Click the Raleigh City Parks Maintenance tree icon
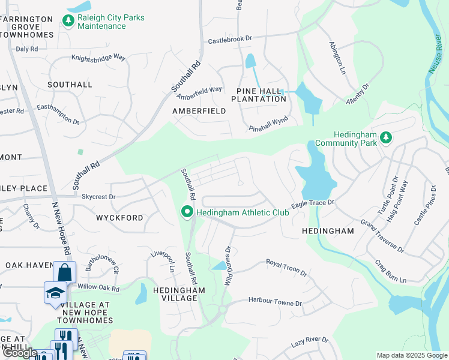pos(68,22)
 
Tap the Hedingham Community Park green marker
pos(387,138)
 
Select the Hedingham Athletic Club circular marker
pos(187,211)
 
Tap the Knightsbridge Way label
pos(98,58)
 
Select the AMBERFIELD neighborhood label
pos(199,111)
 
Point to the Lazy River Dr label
pos(310,341)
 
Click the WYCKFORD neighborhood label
pos(120,218)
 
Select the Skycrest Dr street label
pos(98,196)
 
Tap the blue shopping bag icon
pos(64,272)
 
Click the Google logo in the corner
pos(20,353)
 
